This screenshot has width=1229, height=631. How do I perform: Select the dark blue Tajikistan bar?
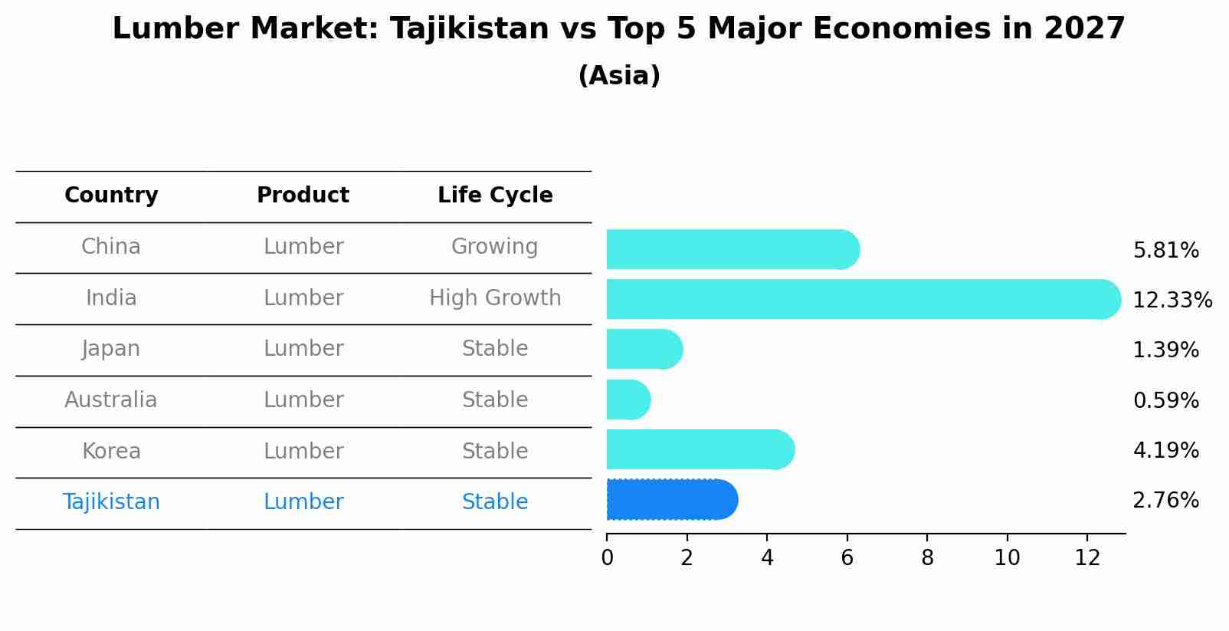(x=671, y=500)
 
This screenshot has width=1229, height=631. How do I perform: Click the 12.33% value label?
(x=1172, y=300)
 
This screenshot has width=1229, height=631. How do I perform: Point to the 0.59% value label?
(x=1165, y=400)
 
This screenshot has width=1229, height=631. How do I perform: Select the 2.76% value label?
(x=1165, y=501)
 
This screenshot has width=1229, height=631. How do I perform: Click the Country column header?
(x=111, y=196)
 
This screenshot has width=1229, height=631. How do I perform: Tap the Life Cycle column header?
(x=495, y=196)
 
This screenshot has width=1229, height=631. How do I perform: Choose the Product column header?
(x=303, y=196)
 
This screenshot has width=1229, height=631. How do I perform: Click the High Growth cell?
(x=495, y=297)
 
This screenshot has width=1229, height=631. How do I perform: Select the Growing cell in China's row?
(x=494, y=247)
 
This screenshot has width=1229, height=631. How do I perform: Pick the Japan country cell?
(x=111, y=349)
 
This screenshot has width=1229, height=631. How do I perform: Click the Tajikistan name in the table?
(x=111, y=502)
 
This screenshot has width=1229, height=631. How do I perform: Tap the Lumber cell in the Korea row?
(x=303, y=451)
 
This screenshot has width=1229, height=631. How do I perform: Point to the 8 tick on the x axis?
(x=927, y=557)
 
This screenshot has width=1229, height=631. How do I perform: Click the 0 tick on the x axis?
(x=607, y=557)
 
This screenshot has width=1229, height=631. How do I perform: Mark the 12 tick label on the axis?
(x=1086, y=557)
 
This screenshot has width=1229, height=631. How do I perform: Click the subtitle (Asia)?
(x=619, y=76)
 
